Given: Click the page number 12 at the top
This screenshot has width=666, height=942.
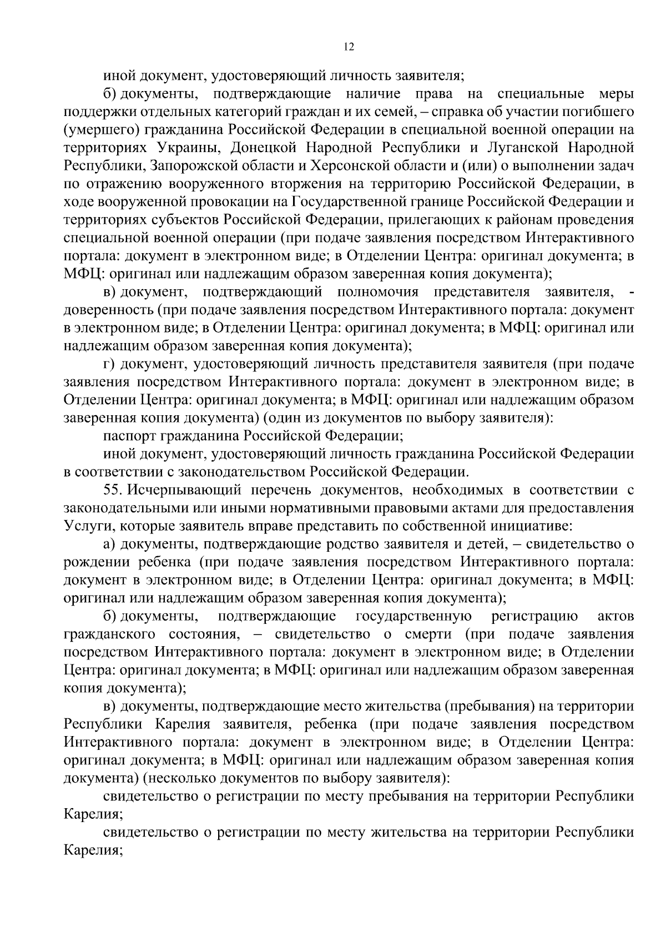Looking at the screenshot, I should point(349,47).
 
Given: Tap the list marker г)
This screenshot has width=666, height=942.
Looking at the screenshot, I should point(109,364).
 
